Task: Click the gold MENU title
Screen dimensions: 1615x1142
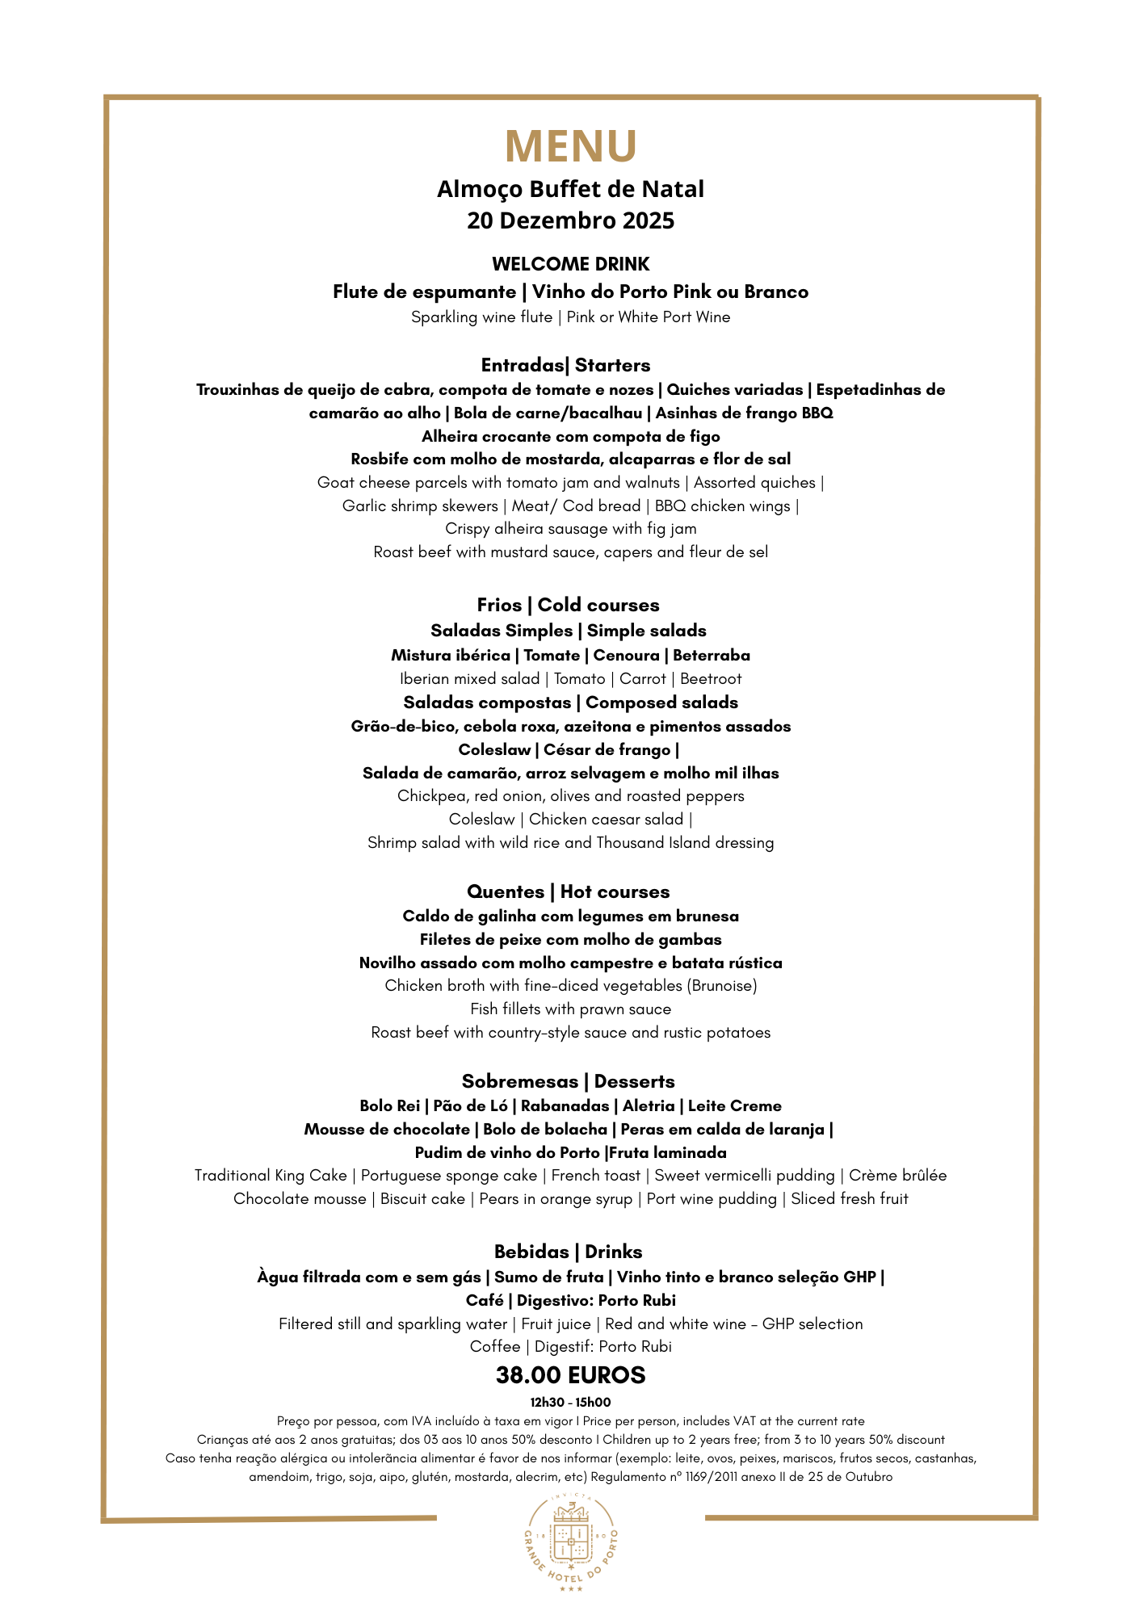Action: [x=571, y=146]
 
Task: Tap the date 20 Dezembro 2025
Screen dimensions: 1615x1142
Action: [x=571, y=220]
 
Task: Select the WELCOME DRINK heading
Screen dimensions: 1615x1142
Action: [x=571, y=264]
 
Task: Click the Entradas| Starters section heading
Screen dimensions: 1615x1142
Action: [x=565, y=365]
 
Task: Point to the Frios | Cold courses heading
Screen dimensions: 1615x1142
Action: [x=568, y=605]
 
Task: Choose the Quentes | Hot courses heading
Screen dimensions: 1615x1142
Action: [x=569, y=891]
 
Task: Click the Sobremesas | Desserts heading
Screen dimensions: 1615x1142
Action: [x=569, y=1081]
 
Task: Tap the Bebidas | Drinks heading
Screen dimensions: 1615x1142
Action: [x=569, y=1252]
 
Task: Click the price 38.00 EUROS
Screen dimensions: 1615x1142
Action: [x=571, y=1375]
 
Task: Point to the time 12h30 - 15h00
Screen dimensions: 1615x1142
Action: [x=570, y=1402]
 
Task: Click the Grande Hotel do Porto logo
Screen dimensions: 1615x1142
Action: [x=571, y=1543]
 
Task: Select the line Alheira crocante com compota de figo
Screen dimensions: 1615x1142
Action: [x=571, y=436]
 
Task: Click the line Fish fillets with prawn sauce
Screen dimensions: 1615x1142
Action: [x=571, y=1009]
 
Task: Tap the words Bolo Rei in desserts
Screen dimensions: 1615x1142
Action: [x=390, y=1105]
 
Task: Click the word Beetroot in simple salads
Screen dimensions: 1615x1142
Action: [x=711, y=678]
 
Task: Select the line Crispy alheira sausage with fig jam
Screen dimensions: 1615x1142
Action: [x=571, y=529]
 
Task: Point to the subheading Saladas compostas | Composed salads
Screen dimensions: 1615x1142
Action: [x=571, y=703]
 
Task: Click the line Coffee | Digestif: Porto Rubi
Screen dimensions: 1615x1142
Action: [x=571, y=1346]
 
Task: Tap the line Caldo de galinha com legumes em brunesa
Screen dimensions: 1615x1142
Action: [x=571, y=916]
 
